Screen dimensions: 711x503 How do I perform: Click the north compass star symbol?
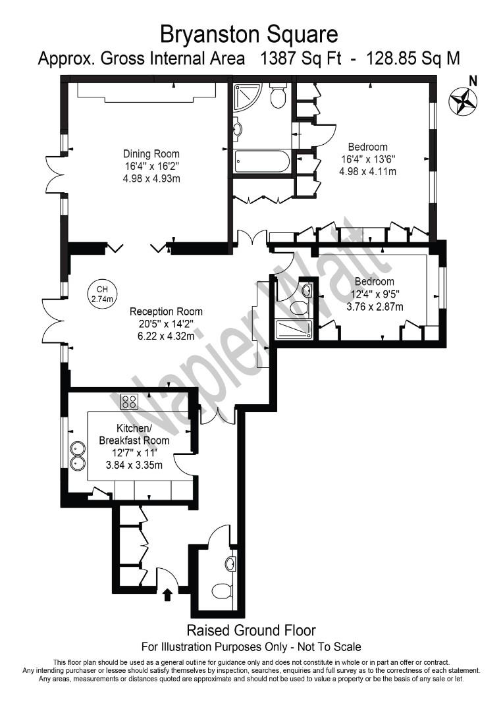[x=463, y=101]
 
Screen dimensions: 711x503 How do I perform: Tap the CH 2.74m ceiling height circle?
[x=101, y=294]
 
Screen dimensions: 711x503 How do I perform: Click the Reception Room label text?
[x=166, y=311]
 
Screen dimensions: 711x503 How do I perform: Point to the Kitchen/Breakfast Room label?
[x=134, y=434]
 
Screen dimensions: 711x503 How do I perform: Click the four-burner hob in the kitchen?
[x=129, y=401]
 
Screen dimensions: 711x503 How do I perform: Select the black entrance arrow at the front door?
[x=167, y=594]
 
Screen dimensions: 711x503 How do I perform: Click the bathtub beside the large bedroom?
[x=261, y=161]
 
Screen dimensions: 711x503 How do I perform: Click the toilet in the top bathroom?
[x=277, y=97]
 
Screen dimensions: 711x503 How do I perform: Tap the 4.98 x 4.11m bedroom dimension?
[x=367, y=171]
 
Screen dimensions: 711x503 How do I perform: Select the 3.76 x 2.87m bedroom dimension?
[x=374, y=306]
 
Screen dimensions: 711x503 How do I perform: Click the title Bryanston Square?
[x=250, y=33]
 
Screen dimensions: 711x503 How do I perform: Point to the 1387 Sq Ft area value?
[x=302, y=59]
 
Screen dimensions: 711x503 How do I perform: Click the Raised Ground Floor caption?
[x=251, y=630]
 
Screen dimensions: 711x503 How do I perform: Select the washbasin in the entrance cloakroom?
[x=230, y=564]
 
